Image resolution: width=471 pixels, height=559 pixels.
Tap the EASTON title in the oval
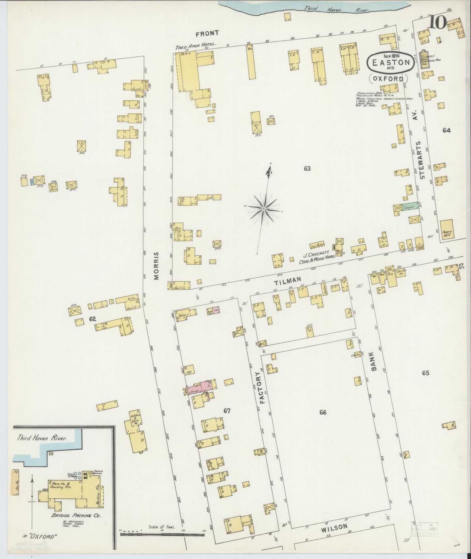click(x=391, y=63)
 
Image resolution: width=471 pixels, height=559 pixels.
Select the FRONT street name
click(x=206, y=33)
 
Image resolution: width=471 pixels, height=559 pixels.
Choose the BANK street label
click(x=374, y=361)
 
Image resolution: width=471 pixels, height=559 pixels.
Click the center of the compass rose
click(x=263, y=209)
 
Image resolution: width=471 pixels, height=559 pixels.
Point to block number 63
click(x=307, y=169)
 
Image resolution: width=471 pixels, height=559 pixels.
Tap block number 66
click(x=323, y=413)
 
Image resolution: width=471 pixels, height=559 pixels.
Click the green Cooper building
click(x=409, y=207)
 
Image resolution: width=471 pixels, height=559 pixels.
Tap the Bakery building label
click(x=185, y=315)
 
